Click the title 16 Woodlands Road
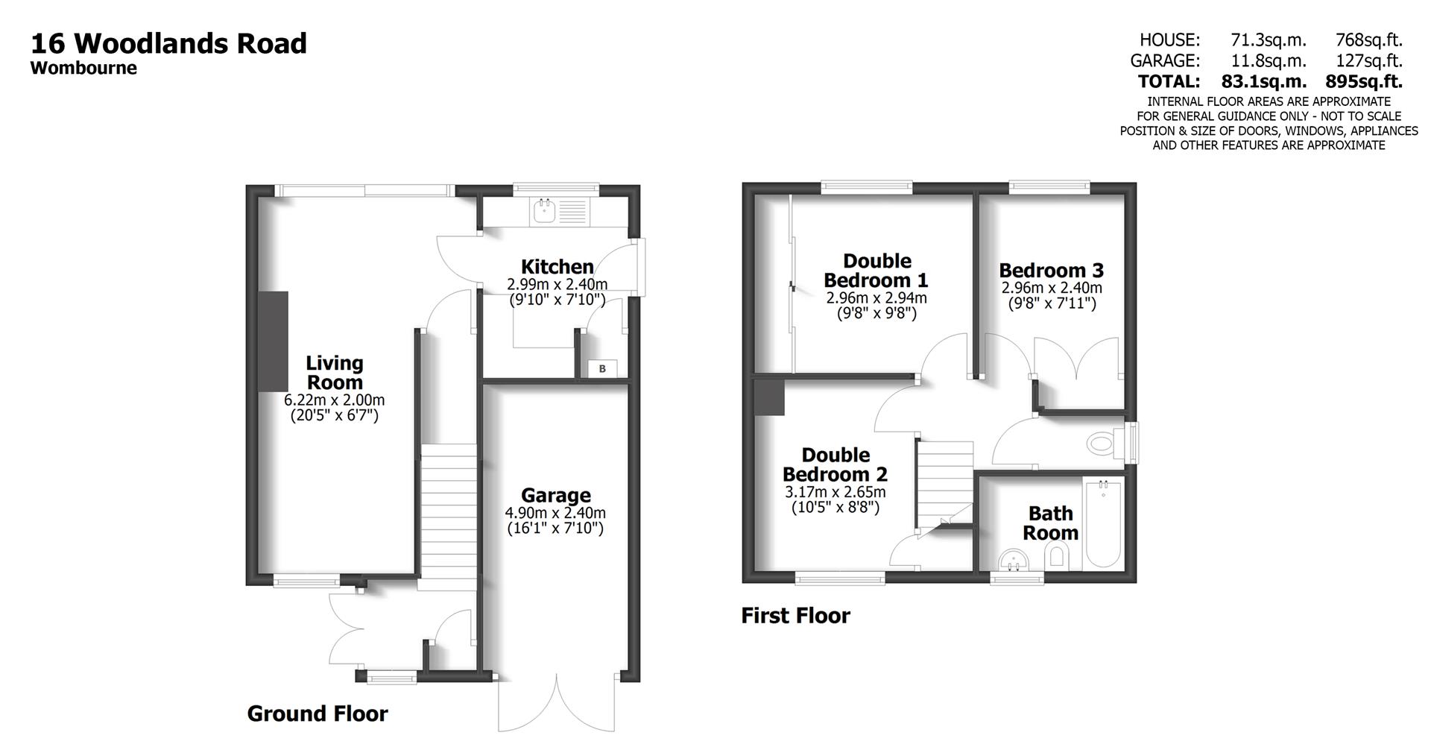tap(168, 43)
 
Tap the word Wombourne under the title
tap(83, 68)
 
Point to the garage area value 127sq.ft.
tap(1369, 60)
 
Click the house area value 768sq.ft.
tap(1369, 40)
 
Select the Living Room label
tap(335, 373)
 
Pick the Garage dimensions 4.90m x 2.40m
tap(555, 513)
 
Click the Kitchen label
tap(557, 266)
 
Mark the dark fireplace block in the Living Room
tap(274, 341)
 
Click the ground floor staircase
tap(449, 514)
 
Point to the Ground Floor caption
tap(318, 713)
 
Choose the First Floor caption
tap(795, 616)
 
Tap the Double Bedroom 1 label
tap(876, 271)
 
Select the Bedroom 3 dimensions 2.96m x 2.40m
tap(1051, 288)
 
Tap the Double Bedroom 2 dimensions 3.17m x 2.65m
tap(835, 492)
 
